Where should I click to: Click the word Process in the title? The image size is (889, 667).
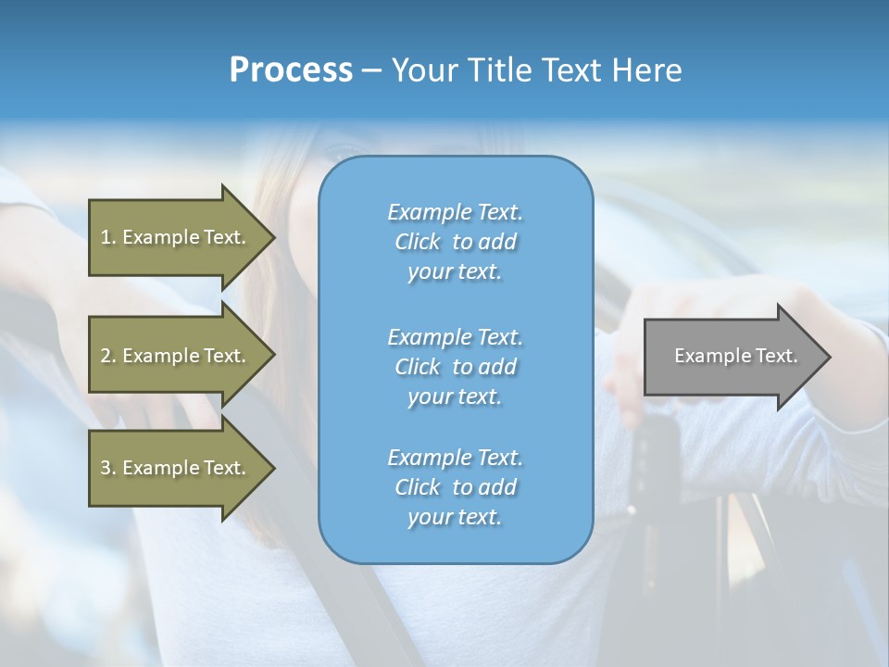pos(291,70)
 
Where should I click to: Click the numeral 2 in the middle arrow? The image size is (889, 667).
pos(106,356)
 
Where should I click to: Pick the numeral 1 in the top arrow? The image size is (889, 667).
pos(106,237)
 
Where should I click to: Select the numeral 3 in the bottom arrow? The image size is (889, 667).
pos(106,468)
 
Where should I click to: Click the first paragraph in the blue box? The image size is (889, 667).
pos(455,242)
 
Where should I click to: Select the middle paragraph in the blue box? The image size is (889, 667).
pos(455,367)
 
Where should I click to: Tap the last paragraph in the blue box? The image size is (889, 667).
pos(455,487)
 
